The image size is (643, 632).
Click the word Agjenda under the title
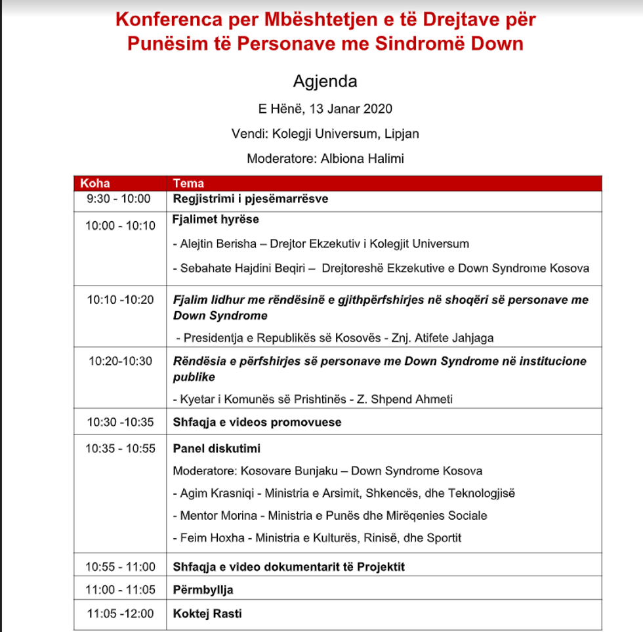click(x=325, y=81)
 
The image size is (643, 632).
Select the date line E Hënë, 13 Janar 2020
click(x=325, y=109)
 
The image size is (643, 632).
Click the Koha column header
click(x=94, y=183)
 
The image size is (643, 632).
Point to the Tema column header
click(x=188, y=183)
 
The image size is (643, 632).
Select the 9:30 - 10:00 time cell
click(x=118, y=199)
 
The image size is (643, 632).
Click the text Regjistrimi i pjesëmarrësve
click(x=250, y=199)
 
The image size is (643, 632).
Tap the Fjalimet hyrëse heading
click(x=216, y=219)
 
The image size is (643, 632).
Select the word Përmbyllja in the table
click(x=203, y=590)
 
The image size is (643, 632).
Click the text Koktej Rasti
click(x=207, y=614)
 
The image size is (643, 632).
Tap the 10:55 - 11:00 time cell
click(x=120, y=566)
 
